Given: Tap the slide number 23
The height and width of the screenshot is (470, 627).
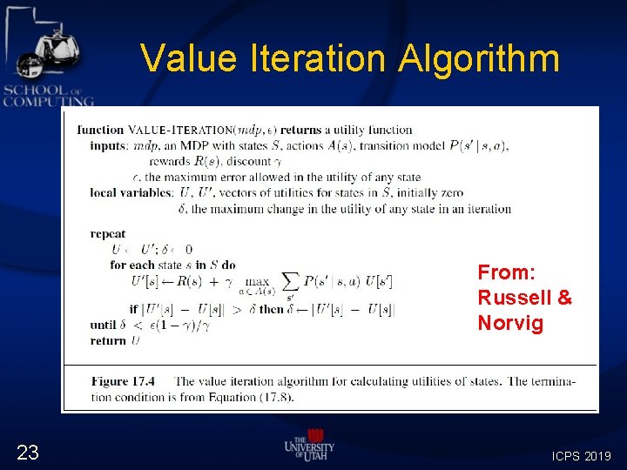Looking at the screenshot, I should (x=28, y=452).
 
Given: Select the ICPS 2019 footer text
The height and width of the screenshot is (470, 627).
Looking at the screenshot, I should (x=581, y=455).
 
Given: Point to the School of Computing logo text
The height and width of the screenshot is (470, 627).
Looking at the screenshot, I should (x=48, y=96).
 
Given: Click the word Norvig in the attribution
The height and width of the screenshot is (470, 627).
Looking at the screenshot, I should (x=510, y=324).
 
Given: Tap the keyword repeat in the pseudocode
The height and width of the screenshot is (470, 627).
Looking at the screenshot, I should (x=107, y=233).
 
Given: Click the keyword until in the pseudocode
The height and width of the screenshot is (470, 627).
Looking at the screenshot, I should (x=103, y=326).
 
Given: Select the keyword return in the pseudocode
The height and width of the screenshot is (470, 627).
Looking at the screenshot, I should (x=108, y=341).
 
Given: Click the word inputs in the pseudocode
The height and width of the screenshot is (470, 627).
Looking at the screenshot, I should (x=110, y=145).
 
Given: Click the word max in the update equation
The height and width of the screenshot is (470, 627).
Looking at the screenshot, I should (x=258, y=280).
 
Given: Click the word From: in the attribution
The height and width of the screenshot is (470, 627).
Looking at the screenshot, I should (x=505, y=272).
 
